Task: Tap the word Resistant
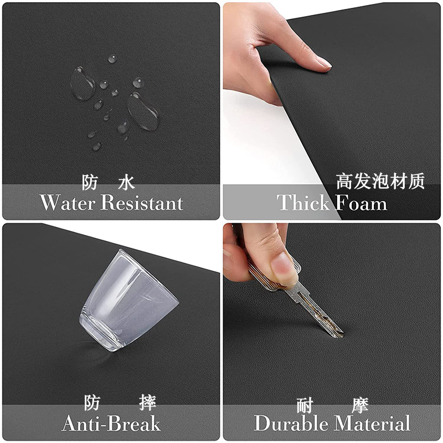tap(142, 203)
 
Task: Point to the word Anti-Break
tap(111, 424)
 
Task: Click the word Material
tap(372, 423)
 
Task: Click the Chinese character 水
tap(126, 182)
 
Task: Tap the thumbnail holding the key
tap(283, 269)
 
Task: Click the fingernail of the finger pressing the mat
tap(323, 63)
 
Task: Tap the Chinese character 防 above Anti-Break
tap(92, 403)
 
